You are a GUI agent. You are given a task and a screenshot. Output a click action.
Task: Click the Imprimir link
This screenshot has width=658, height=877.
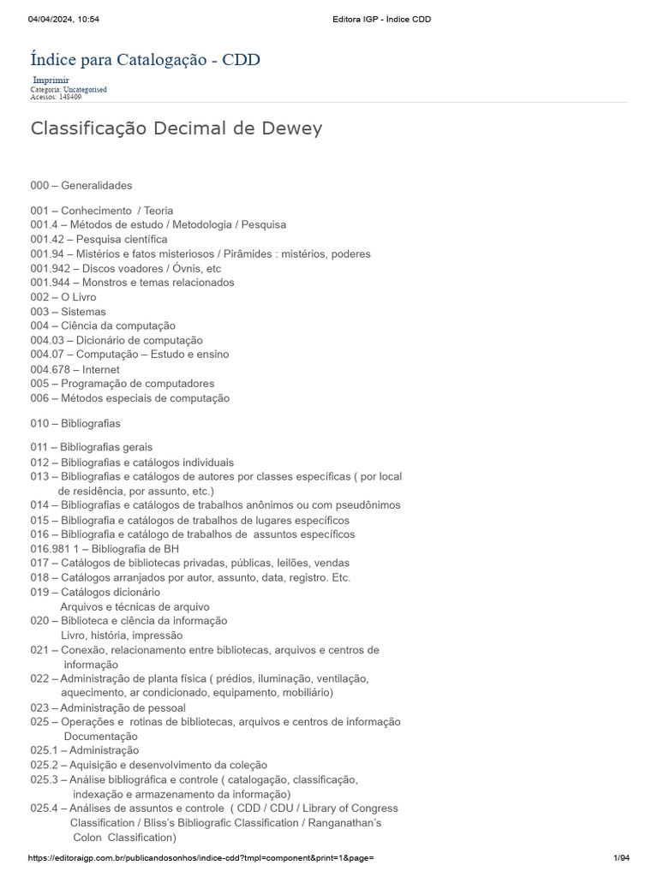point(51,81)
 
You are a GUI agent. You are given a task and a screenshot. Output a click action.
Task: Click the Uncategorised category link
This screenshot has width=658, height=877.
point(85,89)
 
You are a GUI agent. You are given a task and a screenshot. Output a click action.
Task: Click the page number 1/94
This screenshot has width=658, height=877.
point(621,858)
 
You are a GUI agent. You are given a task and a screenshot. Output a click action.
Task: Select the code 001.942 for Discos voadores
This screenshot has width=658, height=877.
point(50,268)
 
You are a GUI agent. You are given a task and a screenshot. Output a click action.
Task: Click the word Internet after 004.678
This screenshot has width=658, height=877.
point(101,369)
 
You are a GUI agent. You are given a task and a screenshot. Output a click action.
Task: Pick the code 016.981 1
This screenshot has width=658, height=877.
point(53,548)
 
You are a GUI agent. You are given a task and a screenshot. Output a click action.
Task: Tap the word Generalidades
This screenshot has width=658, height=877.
point(97,185)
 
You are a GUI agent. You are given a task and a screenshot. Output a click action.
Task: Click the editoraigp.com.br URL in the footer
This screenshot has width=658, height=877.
point(200,858)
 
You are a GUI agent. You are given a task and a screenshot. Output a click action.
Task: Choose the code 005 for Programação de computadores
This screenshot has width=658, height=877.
point(39,383)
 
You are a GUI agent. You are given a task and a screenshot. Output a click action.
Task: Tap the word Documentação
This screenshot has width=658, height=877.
point(100,736)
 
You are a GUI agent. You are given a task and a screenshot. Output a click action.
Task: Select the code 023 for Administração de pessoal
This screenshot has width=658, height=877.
point(39,707)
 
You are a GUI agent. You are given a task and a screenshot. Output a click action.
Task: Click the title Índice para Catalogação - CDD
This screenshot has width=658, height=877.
point(146,59)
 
